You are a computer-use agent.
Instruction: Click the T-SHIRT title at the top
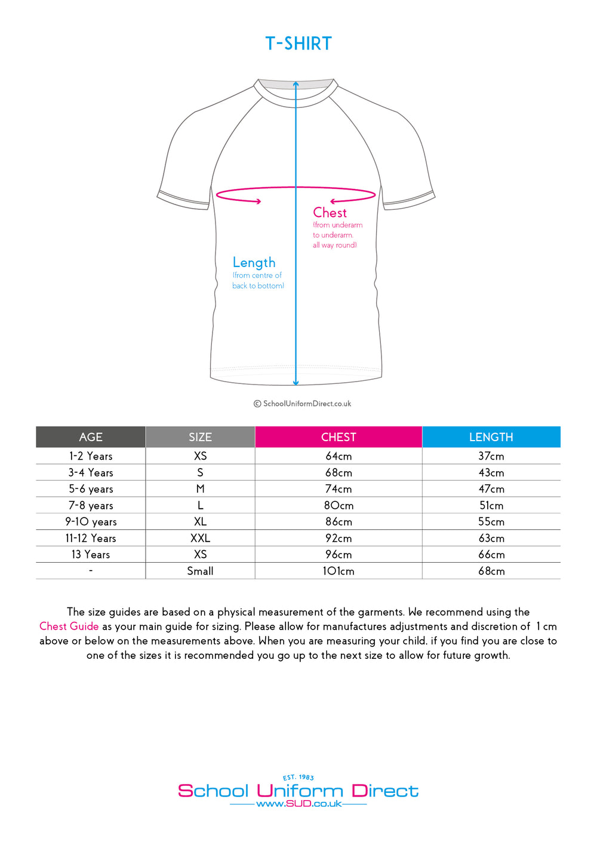(x=298, y=44)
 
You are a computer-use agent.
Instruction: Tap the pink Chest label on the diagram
(x=330, y=213)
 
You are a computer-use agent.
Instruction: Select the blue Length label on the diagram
(x=254, y=262)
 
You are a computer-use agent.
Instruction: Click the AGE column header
(x=91, y=437)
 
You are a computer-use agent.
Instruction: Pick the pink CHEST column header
(x=338, y=437)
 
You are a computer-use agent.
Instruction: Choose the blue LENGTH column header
(x=491, y=437)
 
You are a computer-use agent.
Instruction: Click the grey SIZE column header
(x=200, y=437)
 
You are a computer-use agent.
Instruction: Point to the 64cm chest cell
(x=338, y=456)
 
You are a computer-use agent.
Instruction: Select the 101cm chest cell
(x=338, y=571)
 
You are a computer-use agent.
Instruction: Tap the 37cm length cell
(x=491, y=456)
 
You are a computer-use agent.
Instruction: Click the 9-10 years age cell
(x=91, y=522)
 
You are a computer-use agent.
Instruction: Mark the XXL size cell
(x=200, y=538)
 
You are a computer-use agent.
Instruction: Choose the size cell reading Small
(x=200, y=571)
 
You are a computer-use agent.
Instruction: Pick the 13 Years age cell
(x=91, y=554)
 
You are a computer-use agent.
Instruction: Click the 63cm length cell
(x=491, y=538)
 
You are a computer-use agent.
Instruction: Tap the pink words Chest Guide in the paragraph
(x=69, y=627)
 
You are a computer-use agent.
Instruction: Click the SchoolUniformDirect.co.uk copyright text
(x=303, y=404)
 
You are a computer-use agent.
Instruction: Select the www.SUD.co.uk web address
(x=298, y=804)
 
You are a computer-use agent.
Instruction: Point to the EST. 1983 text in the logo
(x=298, y=777)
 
